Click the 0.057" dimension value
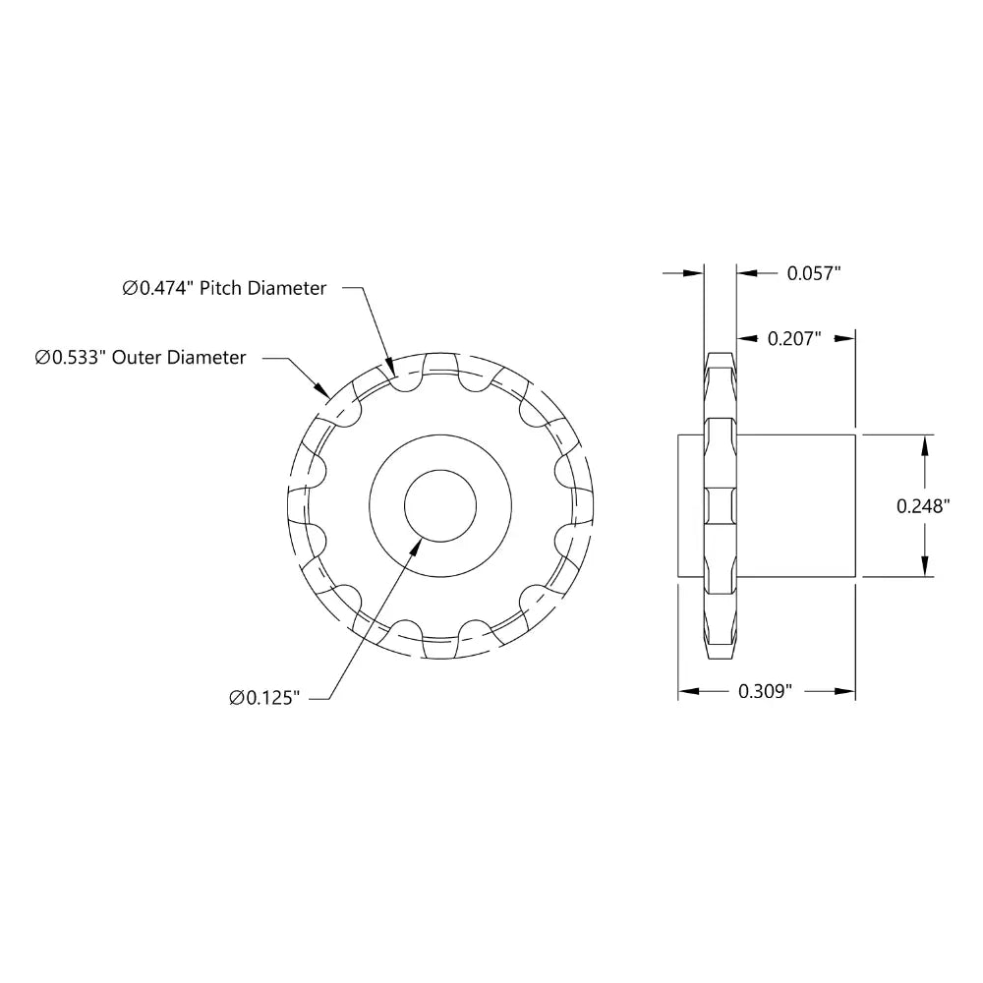(813, 272)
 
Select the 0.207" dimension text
(794, 338)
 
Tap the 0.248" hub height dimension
(923, 506)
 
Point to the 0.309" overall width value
(765, 691)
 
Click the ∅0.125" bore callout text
(264, 698)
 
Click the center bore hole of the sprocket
(440, 505)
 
